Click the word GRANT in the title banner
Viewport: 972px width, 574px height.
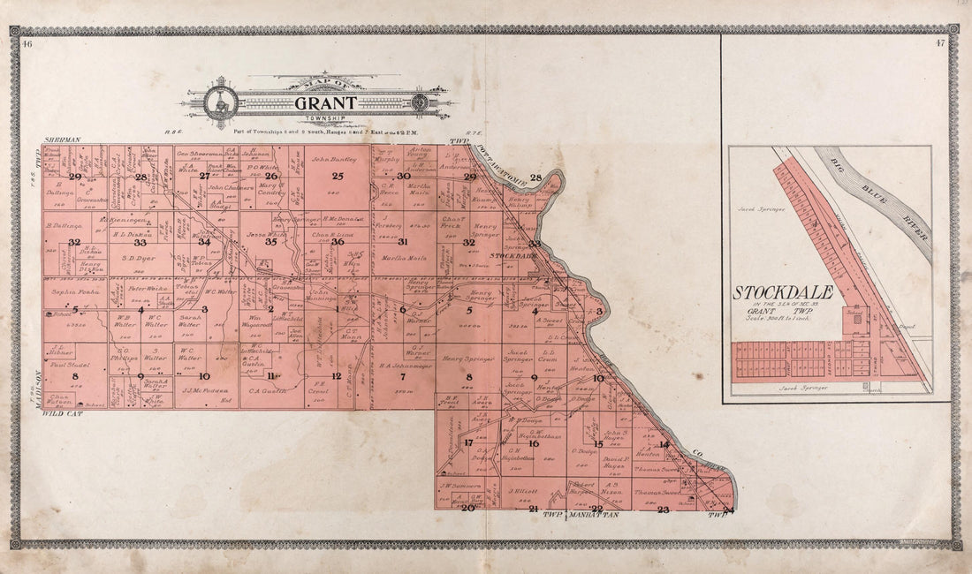(x=319, y=102)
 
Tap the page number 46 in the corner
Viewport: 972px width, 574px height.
(x=27, y=43)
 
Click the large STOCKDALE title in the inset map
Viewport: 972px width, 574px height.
(x=783, y=292)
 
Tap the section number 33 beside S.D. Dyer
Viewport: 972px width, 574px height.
(x=139, y=242)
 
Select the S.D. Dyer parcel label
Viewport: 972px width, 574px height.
(x=139, y=258)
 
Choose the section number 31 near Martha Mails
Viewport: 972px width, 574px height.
(x=403, y=241)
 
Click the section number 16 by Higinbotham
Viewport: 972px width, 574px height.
(x=533, y=442)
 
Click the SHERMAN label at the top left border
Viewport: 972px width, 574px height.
(x=62, y=140)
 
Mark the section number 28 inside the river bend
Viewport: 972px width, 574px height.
(x=535, y=178)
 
